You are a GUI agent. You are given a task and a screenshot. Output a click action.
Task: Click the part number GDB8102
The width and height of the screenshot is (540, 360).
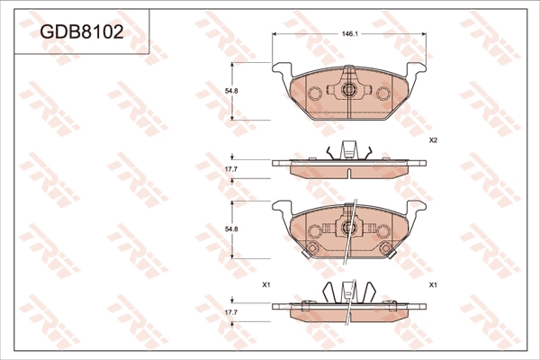82,32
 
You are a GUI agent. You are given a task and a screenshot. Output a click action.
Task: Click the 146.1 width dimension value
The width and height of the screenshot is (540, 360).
350,34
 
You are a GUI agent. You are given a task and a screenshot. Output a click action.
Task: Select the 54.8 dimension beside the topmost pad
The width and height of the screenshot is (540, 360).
232,91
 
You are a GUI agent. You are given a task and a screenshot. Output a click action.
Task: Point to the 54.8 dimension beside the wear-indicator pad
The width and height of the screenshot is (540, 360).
232,229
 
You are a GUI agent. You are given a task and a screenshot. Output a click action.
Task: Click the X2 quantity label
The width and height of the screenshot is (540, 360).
433,140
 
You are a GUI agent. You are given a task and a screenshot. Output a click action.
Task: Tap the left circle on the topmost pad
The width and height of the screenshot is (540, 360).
315,93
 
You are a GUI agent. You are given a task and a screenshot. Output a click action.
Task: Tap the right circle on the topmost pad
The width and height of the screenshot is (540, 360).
383,93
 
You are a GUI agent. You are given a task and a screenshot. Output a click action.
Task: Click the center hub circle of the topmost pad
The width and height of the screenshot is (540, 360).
349,90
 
